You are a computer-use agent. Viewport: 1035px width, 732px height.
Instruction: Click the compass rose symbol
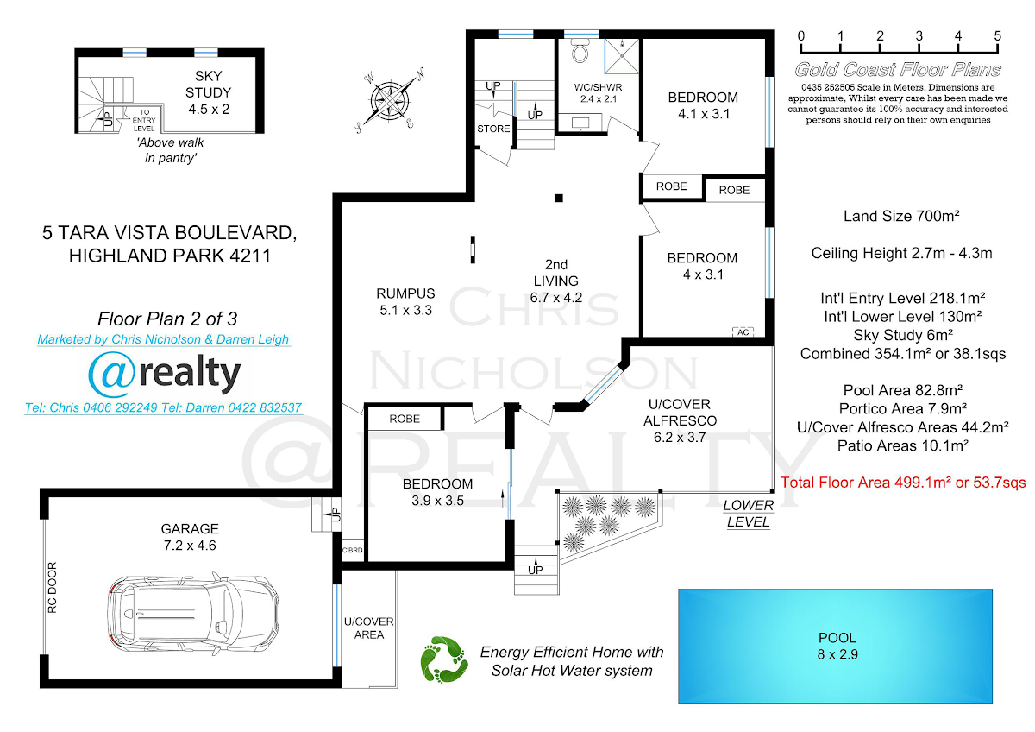tap(391, 100)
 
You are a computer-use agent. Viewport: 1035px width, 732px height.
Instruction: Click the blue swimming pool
tap(835, 646)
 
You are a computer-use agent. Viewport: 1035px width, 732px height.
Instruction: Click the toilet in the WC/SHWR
tap(580, 50)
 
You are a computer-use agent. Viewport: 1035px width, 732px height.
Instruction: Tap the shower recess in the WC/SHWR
tap(622, 56)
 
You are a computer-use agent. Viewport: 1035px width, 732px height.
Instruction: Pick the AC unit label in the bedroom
tap(743, 332)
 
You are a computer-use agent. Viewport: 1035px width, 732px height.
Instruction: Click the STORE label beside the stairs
tap(493, 129)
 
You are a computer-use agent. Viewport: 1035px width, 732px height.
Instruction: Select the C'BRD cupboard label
tap(352, 550)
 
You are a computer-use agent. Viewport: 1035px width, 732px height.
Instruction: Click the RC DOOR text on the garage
tap(53, 587)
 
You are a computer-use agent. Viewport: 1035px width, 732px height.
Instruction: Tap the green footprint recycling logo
tap(444, 659)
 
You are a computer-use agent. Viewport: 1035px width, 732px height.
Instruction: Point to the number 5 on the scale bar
tap(998, 35)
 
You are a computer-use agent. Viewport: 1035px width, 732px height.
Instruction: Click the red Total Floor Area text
tap(903, 483)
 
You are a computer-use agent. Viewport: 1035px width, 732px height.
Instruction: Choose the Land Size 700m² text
tap(901, 216)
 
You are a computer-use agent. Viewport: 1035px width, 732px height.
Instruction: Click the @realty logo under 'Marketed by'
tap(165, 374)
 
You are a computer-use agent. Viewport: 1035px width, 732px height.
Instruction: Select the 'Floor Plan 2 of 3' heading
tap(167, 319)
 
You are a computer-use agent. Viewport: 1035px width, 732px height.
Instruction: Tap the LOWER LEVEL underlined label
tap(749, 514)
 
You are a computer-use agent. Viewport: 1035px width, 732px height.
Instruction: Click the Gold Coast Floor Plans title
tap(898, 69)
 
